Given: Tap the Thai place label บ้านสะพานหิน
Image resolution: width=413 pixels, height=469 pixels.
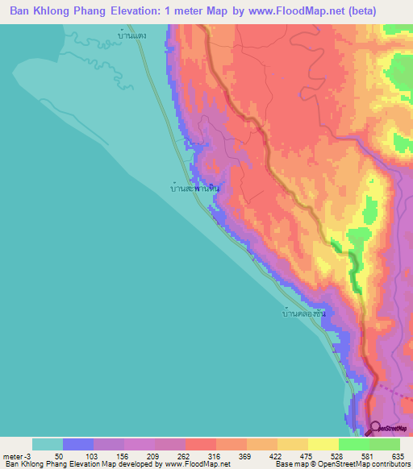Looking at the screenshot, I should pos(196,189).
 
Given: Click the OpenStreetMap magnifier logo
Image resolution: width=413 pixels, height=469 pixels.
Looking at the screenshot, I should pos(377,429).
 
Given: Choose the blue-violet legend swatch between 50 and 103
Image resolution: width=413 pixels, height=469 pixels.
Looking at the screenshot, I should pos(78,444).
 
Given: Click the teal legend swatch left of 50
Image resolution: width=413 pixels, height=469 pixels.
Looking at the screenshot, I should pos(48,444).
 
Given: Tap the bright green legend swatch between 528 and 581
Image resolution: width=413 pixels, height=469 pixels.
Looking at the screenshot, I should pos(353,444).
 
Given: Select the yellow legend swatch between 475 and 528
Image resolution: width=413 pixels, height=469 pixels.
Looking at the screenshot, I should pos(323,444).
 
